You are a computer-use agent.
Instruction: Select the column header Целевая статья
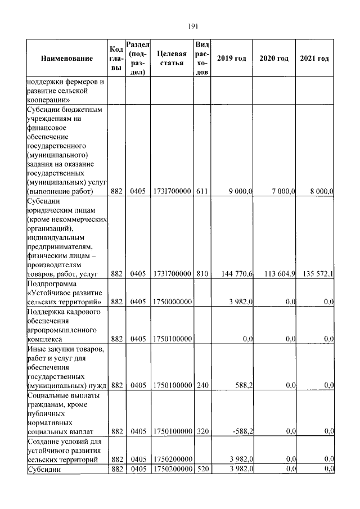[172, 58]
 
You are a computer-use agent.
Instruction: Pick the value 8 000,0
[322, 192]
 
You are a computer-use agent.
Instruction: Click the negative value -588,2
[242, 431]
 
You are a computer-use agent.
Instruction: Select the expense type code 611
[202, 192]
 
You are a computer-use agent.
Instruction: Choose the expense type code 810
[202, 274]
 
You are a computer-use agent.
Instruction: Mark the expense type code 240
[202, 385]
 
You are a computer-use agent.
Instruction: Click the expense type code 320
[202, 431]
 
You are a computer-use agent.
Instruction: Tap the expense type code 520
[202, 469]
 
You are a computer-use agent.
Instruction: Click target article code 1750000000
[172, 302]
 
